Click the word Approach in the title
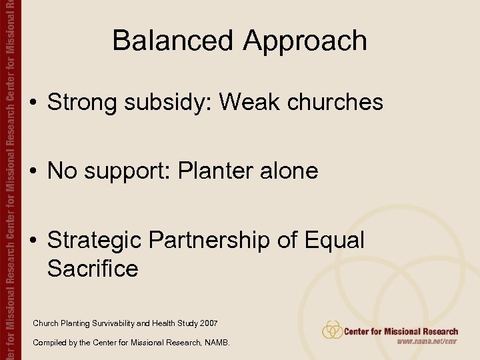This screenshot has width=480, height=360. pyautogui.click(x=305, y=41)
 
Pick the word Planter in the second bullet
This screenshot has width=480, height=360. pyautogui.click(x=227, y=171)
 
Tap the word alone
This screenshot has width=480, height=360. pyautogui.click(x=293, y=171)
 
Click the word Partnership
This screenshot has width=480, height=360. pyautogui.click(x=219, y=240)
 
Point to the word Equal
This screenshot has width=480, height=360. pyautogui.click(x=334, y=240)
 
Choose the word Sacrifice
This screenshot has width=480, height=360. pyautogui.click(x=93, y=269)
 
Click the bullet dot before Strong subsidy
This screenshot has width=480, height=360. pyautogui.click(x=33, y=103)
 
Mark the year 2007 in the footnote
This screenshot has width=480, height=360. pyautogui.click(x=207, y=323)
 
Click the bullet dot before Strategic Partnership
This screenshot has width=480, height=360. pyautogui.click(x=33, y=241)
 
